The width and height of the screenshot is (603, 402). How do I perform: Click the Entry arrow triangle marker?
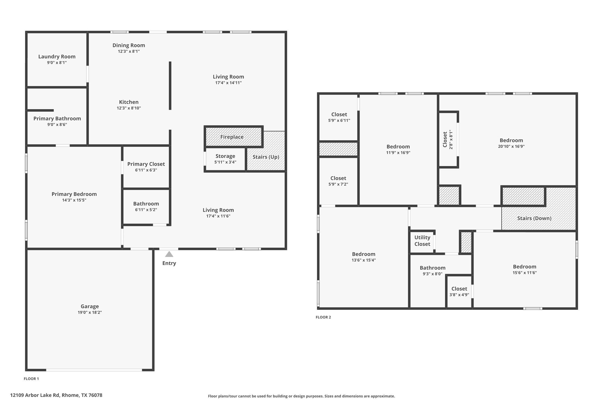pos(169,254)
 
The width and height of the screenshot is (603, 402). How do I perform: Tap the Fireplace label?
pos(232,137)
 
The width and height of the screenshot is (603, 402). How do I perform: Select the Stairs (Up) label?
pos(266,157)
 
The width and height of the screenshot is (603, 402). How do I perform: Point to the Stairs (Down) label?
pos(534,218)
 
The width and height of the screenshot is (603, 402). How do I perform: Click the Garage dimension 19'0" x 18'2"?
pos(90,312)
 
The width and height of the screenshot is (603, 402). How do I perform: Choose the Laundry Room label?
pos(57,57)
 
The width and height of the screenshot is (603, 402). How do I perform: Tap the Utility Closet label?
pos(422,241)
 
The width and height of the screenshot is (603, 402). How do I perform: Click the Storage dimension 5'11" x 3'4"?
pos(225,162)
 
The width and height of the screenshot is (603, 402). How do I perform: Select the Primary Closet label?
pos(146,164)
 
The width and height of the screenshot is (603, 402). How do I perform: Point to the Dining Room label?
pos(129,45)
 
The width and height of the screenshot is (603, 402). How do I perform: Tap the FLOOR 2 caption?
pos(323,317)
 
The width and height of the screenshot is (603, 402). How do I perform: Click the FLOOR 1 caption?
pos(31,379)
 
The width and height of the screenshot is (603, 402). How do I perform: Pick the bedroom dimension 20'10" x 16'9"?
pos(511,146)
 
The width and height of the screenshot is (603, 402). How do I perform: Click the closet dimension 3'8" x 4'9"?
pos(459,295)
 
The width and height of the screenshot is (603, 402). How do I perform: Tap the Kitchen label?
pos(129,102)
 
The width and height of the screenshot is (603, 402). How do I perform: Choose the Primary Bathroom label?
pos(57,119)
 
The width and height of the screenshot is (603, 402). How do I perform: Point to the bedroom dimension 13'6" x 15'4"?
pos(363,260)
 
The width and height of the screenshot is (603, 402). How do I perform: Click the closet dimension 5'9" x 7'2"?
pos(338,184)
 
